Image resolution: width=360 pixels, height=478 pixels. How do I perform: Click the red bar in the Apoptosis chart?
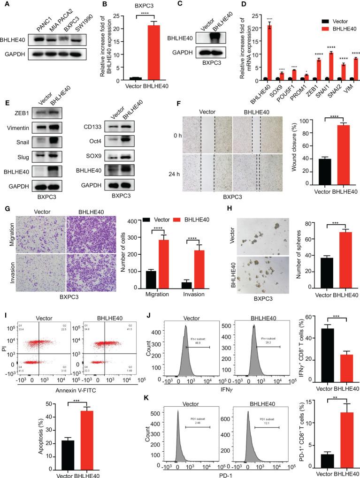(x=98, y=440)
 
